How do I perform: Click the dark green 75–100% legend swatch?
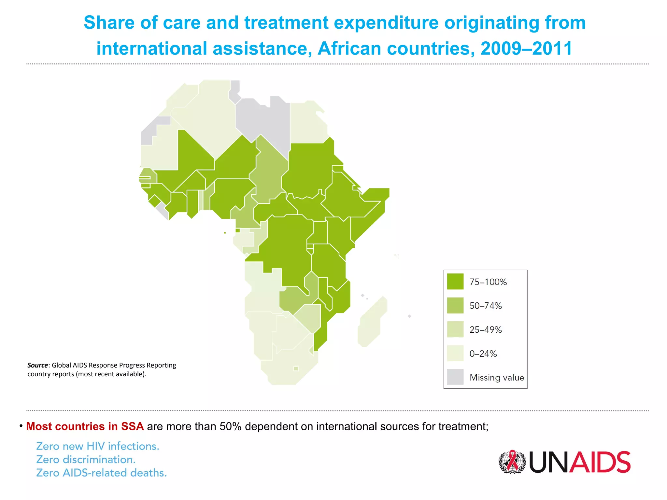[x=455, y=282]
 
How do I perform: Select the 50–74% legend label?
[x=485, y=306]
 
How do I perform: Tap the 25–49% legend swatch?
[x=455, y=329]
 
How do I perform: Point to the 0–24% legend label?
[x=483, y=354]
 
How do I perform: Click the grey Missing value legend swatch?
[x=455, y=377]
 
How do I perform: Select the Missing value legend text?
[x=497, y=377]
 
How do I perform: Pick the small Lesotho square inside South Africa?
[x=296, y=368]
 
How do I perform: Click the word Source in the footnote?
[x=37, y=365]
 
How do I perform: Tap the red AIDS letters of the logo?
[x=599, y=462]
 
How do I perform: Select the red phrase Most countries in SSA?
[x=85, y=426]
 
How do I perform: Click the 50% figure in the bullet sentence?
[x=230, y=426]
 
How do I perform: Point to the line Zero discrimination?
[x=86, y=459]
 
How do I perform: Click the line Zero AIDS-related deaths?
[x=101, y=473]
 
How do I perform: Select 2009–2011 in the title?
[x=526, y=49]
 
